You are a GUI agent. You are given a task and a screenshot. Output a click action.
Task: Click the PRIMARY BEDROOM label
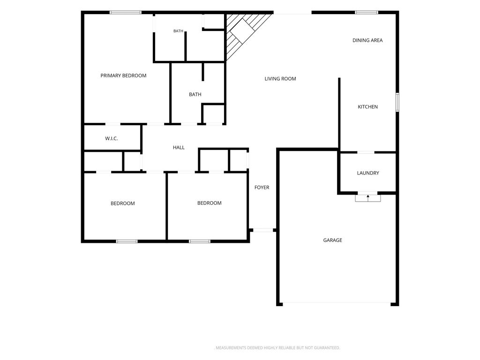point(123,75)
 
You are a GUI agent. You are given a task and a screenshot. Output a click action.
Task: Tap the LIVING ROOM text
point(280,79)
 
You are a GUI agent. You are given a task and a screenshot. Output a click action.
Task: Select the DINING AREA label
point(367,40)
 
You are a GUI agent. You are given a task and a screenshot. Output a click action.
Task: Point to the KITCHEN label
point(367,106)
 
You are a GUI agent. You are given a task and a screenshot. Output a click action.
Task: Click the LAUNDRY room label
point(368,173)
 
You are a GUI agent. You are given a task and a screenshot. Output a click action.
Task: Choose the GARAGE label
point(332,240)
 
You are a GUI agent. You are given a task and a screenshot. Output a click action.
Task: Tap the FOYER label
point(262,187)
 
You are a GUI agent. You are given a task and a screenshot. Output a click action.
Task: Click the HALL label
point(179,147)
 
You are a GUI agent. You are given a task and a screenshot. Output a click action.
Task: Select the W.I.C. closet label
point(112,138)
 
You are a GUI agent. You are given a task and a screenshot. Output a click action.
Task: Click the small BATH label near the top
point(178,31)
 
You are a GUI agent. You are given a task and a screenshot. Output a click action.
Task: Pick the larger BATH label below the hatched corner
point(195,94)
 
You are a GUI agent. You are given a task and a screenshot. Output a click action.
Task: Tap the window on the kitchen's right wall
point(397,102)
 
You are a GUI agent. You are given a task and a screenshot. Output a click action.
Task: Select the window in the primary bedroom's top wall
point(126,13)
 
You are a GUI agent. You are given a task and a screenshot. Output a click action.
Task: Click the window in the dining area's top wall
point(367,13)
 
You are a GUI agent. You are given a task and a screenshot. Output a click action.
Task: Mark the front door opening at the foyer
point(263,230)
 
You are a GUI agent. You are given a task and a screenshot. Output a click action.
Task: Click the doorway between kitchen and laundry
point(366,152)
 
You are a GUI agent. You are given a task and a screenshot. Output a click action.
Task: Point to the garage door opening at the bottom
point(337,303)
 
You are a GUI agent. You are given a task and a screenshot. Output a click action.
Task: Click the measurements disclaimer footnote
point(277,348)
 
